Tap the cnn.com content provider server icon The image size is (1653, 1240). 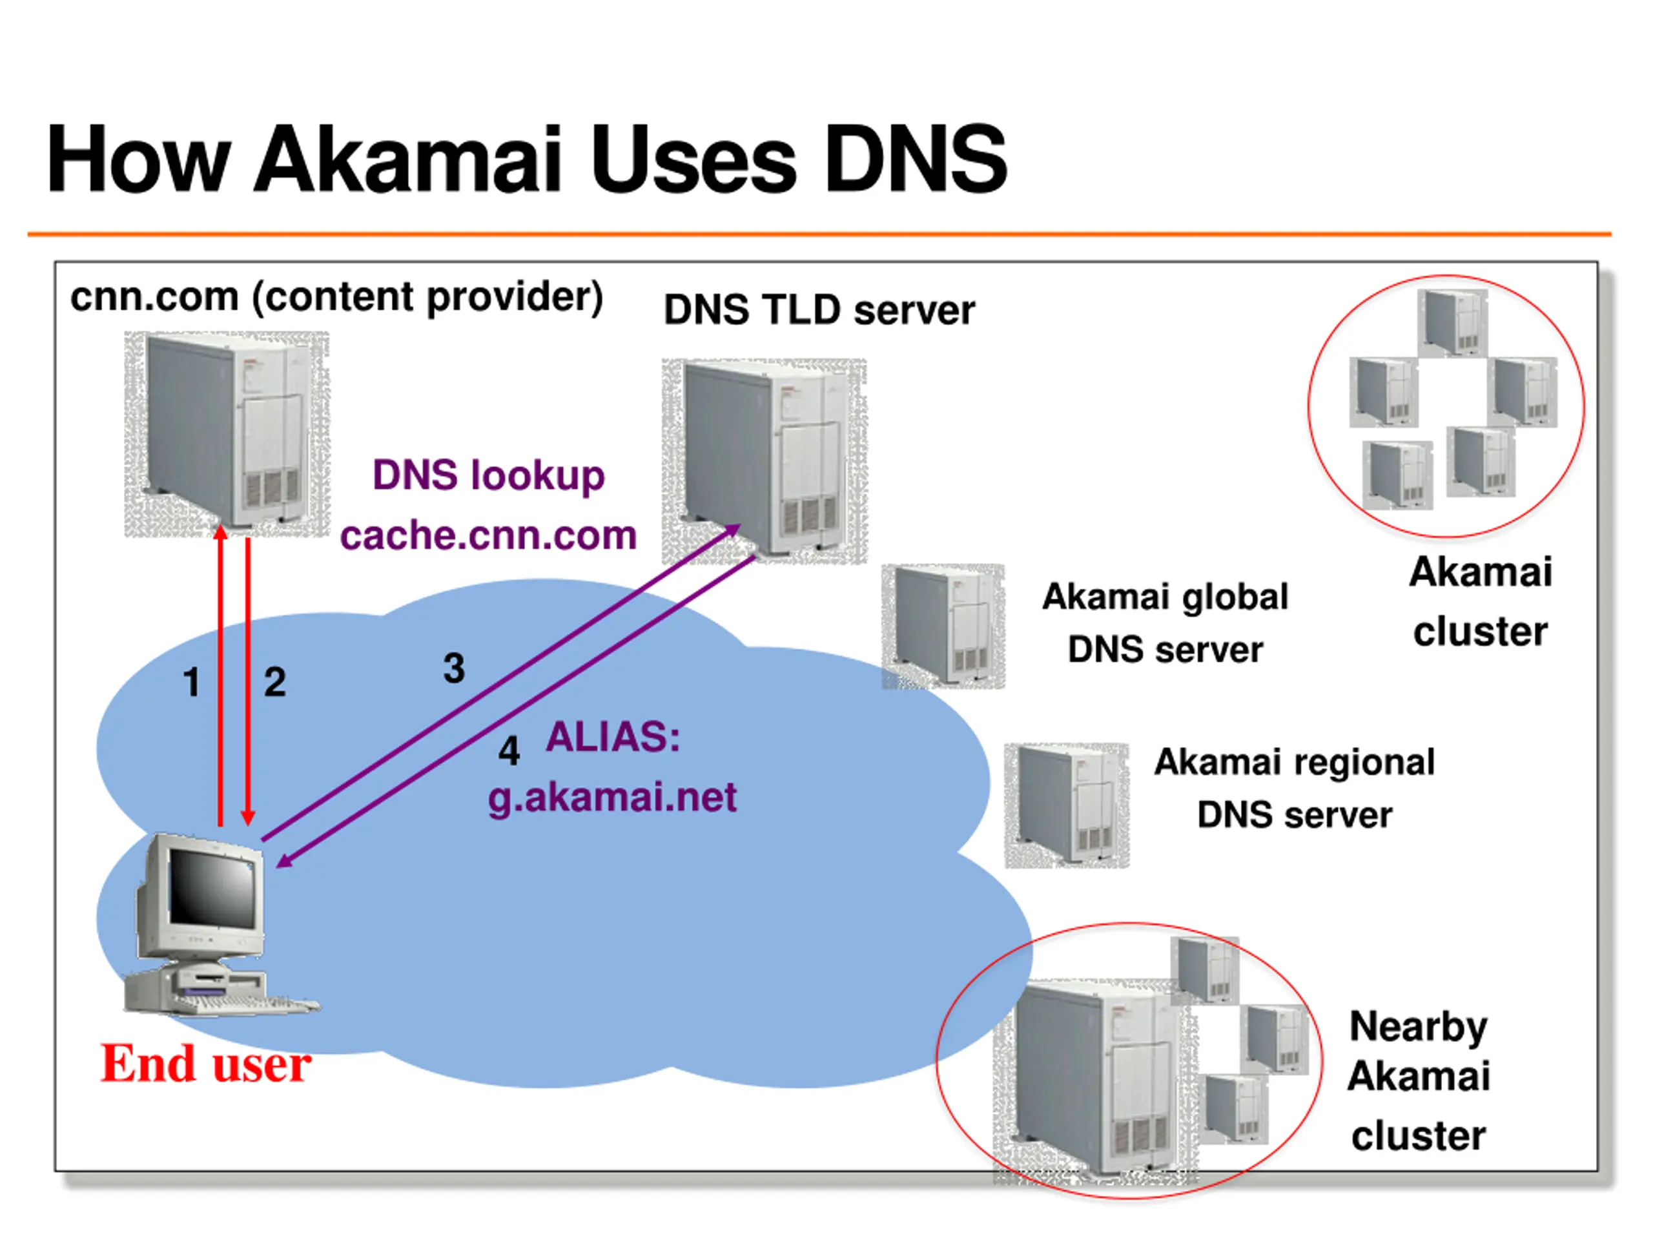(227, 433)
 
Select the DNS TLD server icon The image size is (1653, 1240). (765, 461)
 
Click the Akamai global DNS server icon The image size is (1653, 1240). (943, 626)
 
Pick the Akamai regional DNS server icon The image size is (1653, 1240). (1067, 805)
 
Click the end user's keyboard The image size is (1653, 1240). (247, 1003)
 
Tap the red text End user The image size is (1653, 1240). (206, 1064)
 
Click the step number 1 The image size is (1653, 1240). (192, 683)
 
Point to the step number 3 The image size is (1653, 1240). (455, 668)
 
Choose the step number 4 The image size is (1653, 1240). (509, 750)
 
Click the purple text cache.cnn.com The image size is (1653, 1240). (489, 535)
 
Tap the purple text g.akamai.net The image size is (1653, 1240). (612, 797)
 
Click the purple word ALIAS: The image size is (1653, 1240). (613, 737)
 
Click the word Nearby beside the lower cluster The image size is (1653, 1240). (1419, 1028)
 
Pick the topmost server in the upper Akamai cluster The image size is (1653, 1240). (1453, 323)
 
